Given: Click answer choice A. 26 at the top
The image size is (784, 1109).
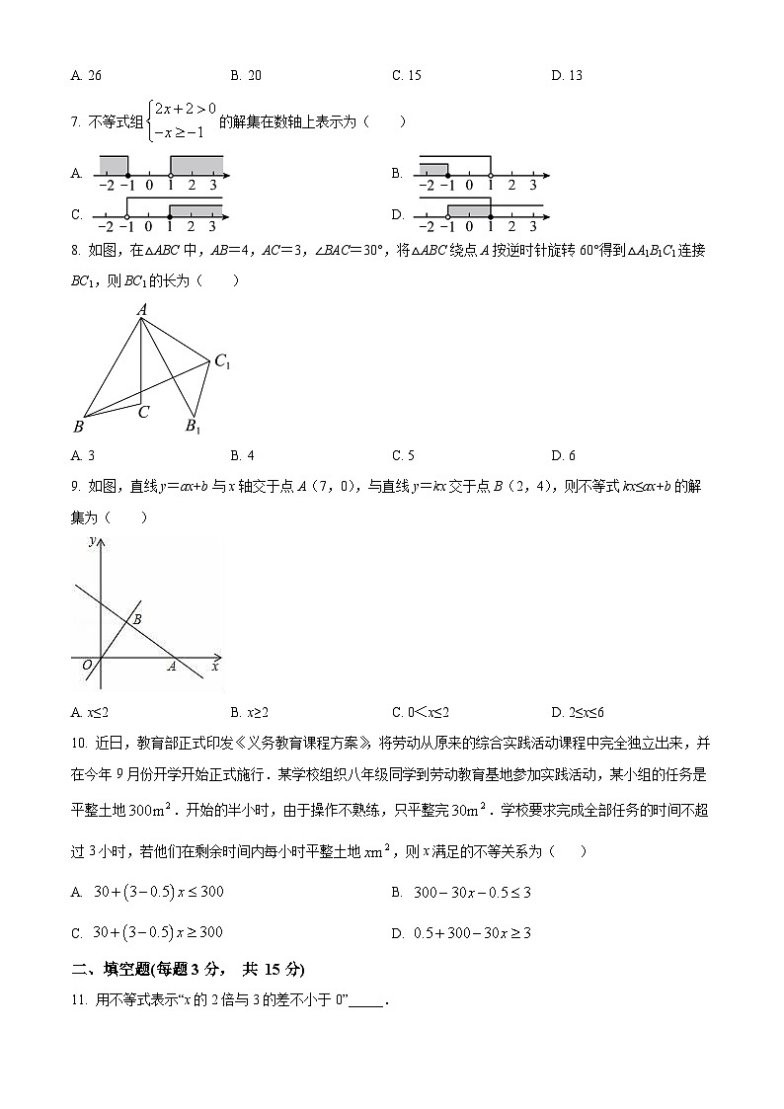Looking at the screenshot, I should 87,75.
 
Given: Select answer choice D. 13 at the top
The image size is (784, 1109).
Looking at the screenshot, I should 567,75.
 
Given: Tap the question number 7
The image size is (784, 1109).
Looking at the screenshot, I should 75,122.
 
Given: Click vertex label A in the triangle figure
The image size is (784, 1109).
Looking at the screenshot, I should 141,310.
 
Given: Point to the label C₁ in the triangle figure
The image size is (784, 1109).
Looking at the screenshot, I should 222,362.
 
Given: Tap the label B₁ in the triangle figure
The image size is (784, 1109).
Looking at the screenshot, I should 194,427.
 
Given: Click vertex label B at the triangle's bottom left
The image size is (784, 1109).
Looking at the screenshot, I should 78,427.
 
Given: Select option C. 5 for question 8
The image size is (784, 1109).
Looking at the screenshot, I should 403,455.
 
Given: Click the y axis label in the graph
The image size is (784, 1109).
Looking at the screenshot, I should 91,541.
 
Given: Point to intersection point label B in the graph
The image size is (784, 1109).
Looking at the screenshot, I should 137,618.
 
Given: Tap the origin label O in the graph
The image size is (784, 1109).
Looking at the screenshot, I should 87,666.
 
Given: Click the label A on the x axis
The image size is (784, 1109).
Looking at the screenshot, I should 171,667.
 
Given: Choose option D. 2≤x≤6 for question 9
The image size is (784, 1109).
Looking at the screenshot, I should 578,712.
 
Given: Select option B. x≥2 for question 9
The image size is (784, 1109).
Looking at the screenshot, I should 250,712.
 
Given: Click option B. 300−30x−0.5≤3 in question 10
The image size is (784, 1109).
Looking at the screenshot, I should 461,893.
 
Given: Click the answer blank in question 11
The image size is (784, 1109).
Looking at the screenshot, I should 364,1000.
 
